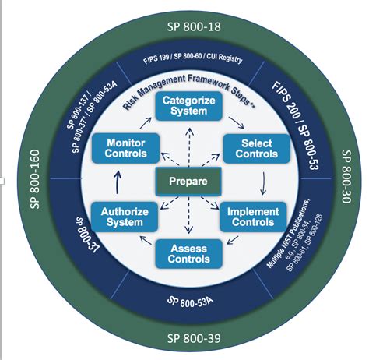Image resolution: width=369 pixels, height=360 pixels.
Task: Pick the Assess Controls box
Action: click(184, 252)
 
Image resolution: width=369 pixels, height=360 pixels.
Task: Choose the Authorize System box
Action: click(119, 216)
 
